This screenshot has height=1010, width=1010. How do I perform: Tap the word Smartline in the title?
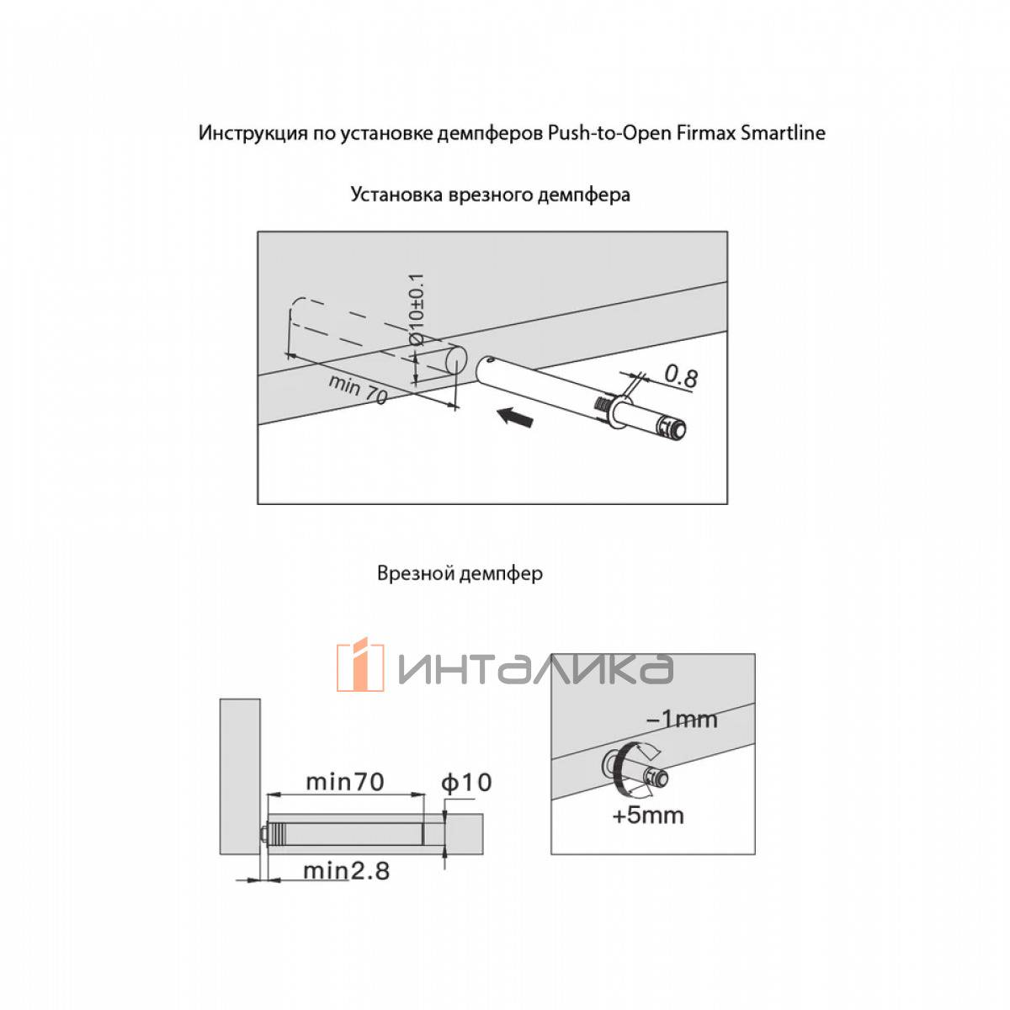pos(783,133)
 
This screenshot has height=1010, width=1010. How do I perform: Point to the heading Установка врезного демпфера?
pos(490,194)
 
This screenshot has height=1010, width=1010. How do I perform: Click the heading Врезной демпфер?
pos(460,573)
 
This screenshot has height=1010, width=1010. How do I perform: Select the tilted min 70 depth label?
pos(358,389)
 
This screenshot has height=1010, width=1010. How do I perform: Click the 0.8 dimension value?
pos(680,375)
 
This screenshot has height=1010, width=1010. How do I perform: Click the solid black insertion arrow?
pos(514,417)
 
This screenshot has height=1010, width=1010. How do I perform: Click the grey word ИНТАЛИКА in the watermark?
pos(535,669)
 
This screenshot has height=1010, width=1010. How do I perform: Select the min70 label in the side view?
pos(344,782)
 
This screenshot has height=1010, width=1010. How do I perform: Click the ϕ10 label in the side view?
pos(466,783)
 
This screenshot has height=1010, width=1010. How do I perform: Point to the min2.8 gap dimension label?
pos(346,870)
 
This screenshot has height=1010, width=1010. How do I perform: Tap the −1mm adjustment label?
pos(681,719)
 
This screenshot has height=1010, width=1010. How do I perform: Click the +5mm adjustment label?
pos(648,815)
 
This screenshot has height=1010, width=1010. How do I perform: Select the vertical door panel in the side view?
pos(240,774)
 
